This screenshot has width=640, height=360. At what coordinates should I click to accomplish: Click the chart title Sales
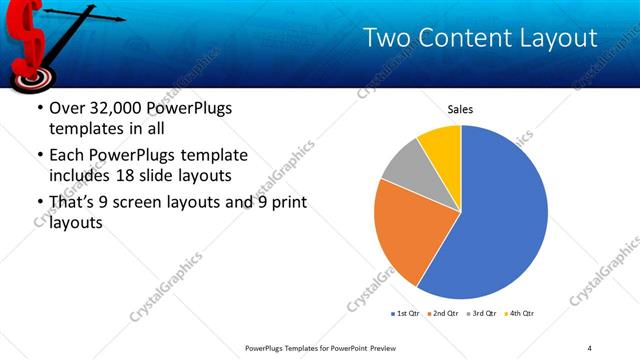tap(460, 109)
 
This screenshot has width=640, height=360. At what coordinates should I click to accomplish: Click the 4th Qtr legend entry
tap(520, 313)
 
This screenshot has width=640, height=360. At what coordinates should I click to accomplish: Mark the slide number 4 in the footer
tap(589, 347)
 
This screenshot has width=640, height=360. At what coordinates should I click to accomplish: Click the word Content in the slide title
tap(464, 38)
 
